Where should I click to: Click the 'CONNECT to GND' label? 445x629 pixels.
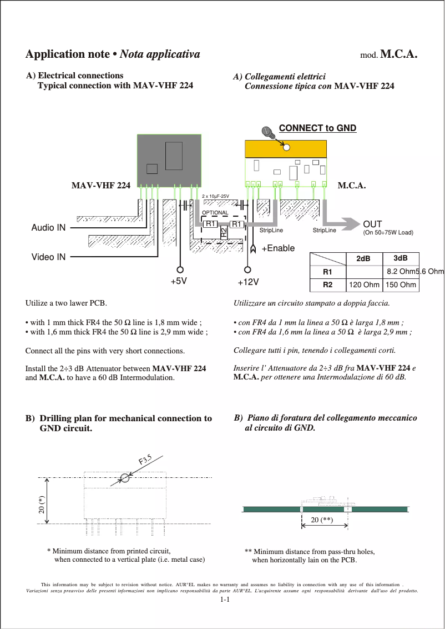[317, 128]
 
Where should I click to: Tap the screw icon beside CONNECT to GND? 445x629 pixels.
[269, 132]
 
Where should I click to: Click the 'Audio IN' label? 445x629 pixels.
[48, 228]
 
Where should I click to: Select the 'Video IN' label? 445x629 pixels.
[48, 257]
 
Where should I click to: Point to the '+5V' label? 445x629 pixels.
[179, 282]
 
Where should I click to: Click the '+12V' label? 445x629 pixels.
[248, 282]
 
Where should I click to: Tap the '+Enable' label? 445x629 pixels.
[278, 248]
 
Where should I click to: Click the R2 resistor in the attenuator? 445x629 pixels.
[224, 232]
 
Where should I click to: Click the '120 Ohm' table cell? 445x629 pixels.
[363, 285]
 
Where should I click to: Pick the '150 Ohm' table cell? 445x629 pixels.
[401, 285]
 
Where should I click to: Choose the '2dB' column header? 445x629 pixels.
[363, 259]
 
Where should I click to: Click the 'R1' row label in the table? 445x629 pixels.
[327, 272]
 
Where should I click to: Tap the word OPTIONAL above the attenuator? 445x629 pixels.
[215, 213]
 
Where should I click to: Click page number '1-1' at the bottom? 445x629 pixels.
[225, 600]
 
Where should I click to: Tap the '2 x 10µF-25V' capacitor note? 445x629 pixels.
[215, 197]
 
